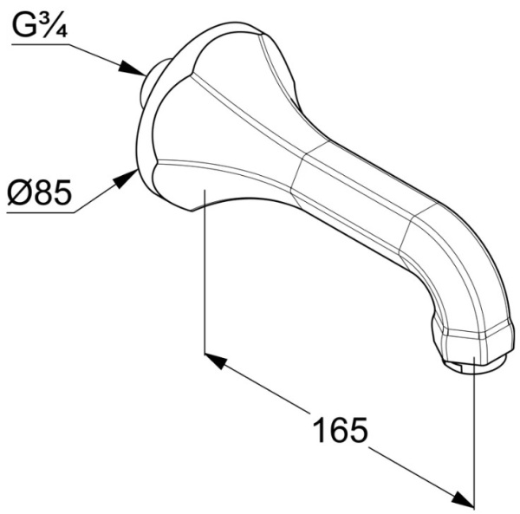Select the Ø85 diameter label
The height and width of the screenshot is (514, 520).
coord(39,192)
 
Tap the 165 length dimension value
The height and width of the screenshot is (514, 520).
coord(340,429)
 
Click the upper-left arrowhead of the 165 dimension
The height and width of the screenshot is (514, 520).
coord(216,361)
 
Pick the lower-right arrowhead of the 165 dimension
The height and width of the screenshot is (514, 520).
coord(463,500)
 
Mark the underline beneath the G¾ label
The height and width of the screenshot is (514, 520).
coord(40,44)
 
